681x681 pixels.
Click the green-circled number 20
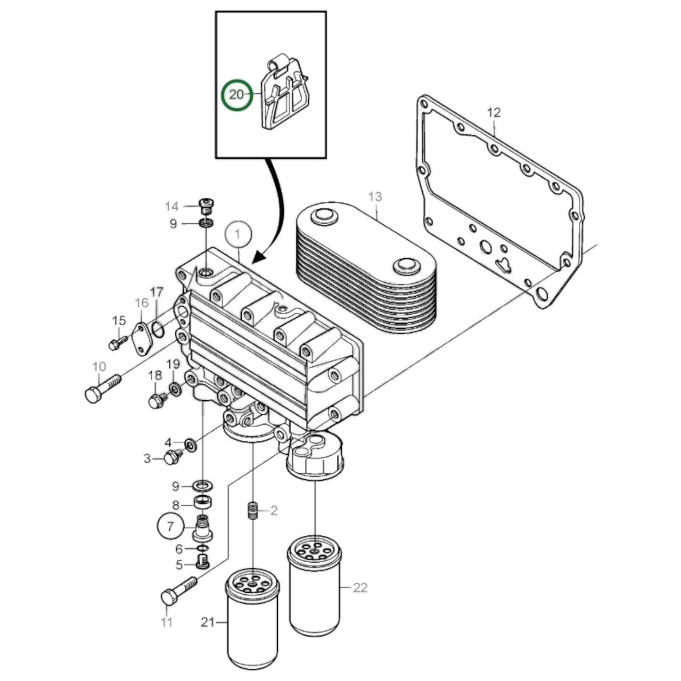click(237, 94)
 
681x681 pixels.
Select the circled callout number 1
click(238, 234)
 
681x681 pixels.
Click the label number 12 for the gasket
click(494, 113)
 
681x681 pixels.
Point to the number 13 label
click(375, 197)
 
